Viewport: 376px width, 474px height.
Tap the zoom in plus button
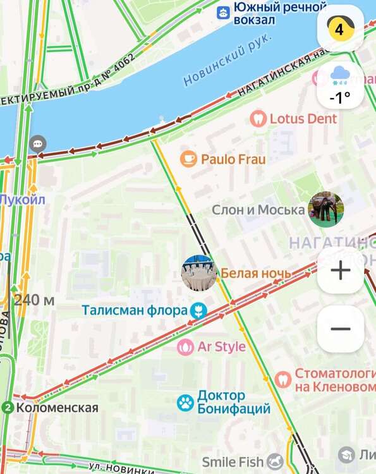click(x=341, y=270)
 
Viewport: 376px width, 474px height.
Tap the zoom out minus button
click(x=341, y=329)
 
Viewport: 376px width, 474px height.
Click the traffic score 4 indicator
click(x=340, y=29)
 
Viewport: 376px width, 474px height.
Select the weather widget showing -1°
click(x=340, y=85)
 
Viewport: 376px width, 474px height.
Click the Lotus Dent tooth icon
click(x=258, y=118)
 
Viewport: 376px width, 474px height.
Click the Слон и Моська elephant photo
click(x=326, y=209)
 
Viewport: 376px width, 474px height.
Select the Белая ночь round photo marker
click(x=199, y=273)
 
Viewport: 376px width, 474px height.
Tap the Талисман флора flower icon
click(x=198, y=310)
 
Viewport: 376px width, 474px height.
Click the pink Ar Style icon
click(x=185, y=346)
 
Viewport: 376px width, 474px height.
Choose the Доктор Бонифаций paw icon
click(x=185, y=402)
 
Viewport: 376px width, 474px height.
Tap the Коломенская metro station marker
click(x=8, y=408)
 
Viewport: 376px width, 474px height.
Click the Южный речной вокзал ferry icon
click(x=222, y=12)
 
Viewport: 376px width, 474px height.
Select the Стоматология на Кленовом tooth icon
click(x=284, y=379)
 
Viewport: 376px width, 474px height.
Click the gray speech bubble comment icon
click(x=39, y=143)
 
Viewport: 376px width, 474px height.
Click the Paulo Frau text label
click(x=233, y=159)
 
